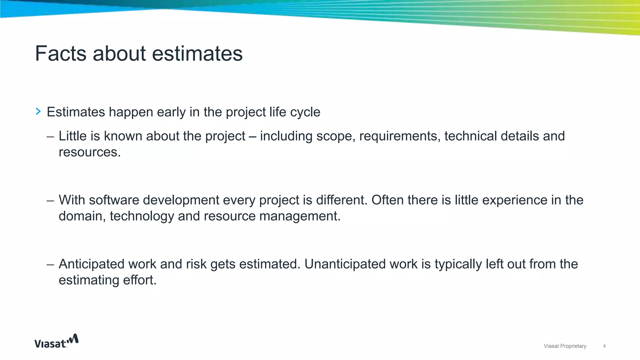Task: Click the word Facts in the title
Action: [60, 53]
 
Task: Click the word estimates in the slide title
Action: [197, 53]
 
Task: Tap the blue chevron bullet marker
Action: [38, 111]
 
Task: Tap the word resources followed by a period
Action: [89, 152]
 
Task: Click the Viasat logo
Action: [56, 341]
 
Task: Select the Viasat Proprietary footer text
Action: [565, 346]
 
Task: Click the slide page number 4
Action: [604, 346]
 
